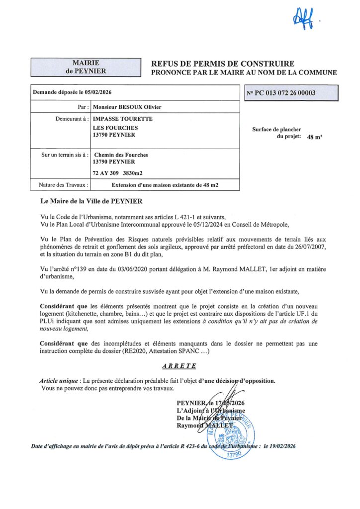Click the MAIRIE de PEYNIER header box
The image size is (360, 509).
[x=86, y=67]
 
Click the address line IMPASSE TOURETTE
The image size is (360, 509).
[x=123, y=119]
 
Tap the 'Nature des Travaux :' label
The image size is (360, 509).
[x=64, y=185]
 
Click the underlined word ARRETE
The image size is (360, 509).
[x=180, y=366]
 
